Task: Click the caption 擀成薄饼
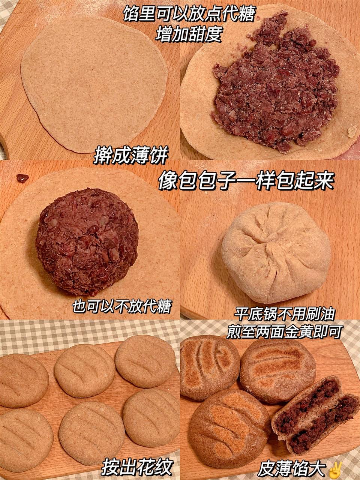point(131,156)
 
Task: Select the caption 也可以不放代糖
point(121,307)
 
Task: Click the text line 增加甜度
point(188,35)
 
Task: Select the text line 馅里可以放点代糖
point(189,13)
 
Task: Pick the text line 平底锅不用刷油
point(284,315)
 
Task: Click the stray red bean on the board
point(22,178)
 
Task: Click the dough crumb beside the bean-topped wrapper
point(352,132)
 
